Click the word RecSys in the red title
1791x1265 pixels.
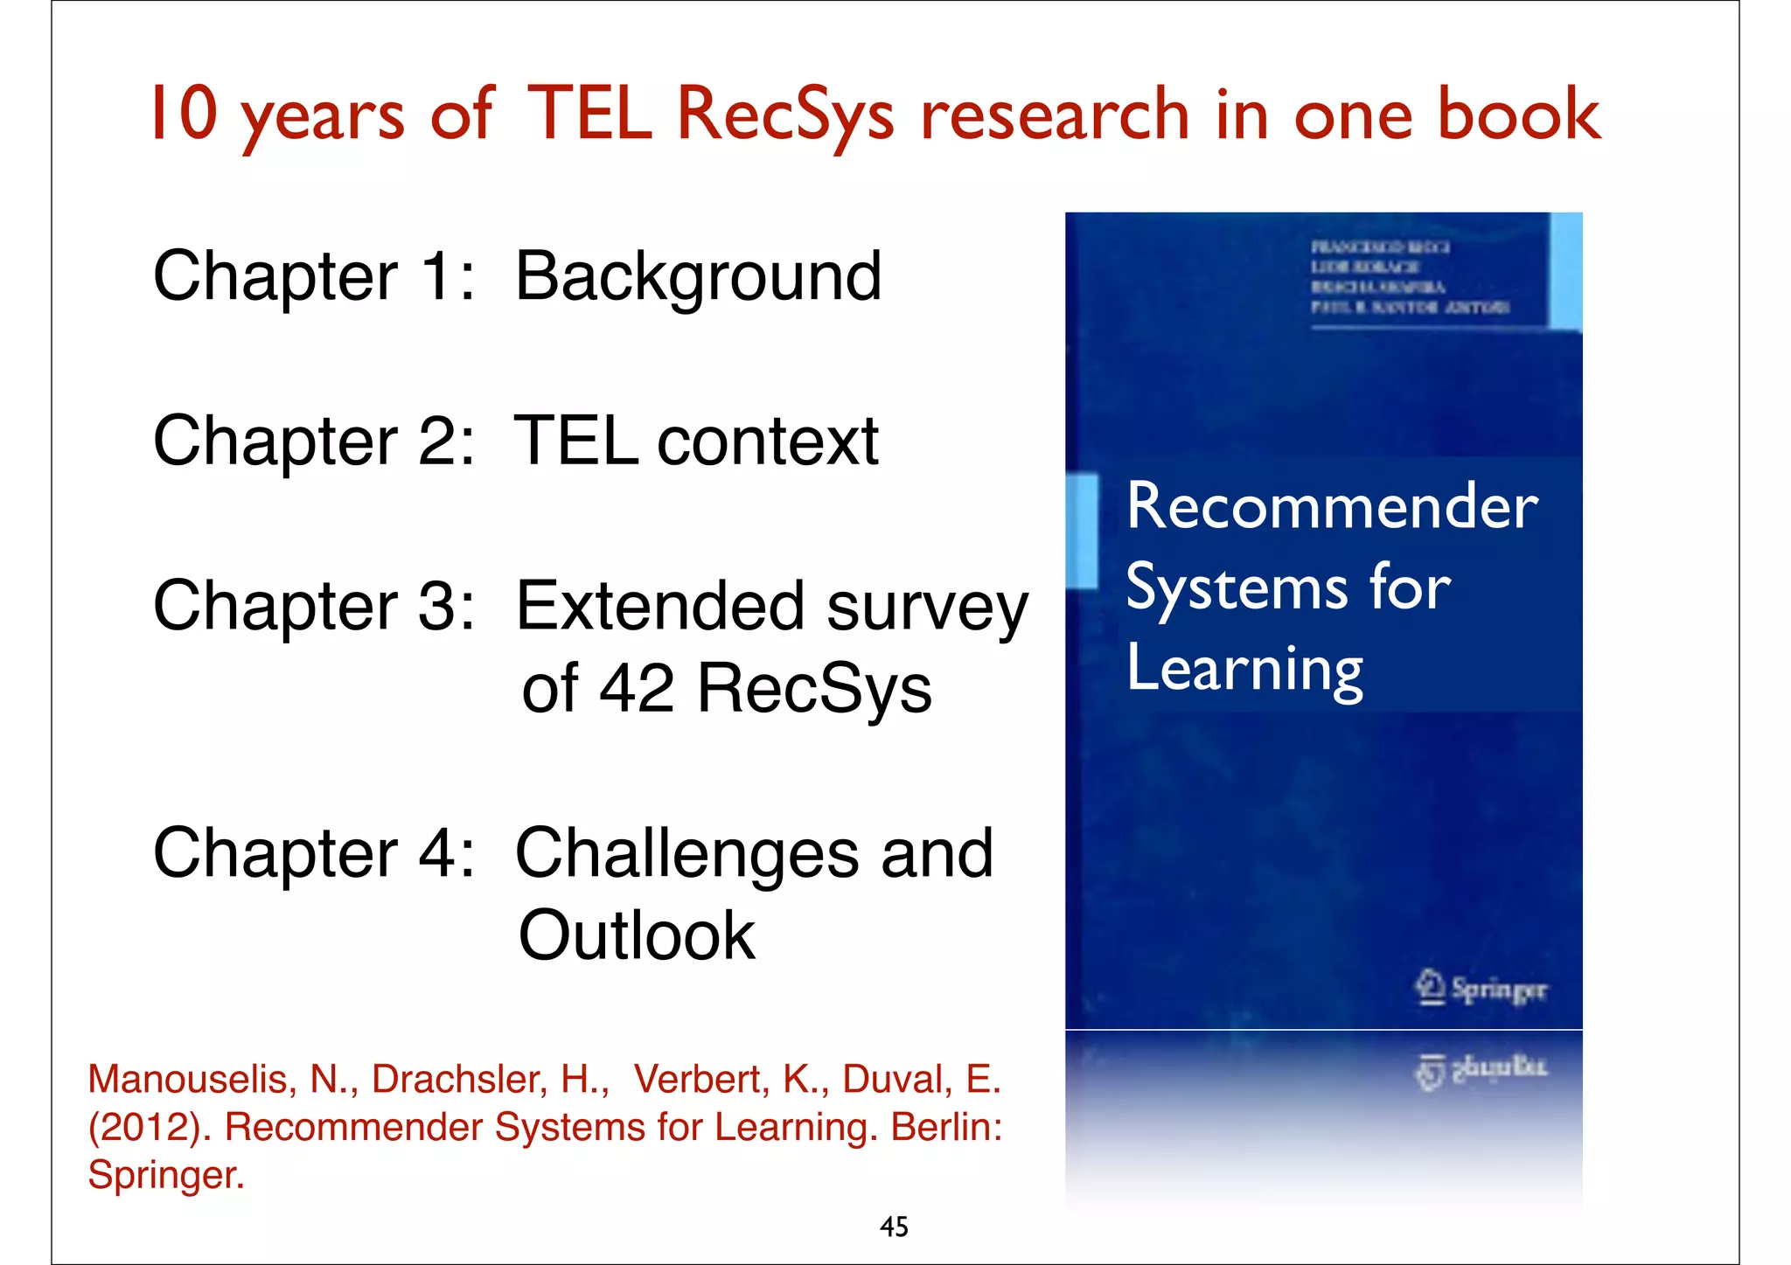(x=785, y=115)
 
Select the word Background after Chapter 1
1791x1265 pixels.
(x=698, y=277)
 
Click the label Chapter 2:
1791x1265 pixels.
(x=314, y=441)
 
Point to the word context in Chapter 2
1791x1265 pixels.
(x=768, y=441)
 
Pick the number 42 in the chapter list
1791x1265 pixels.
(x=637, y=688)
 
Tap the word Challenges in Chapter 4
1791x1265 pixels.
(x=686, y=854)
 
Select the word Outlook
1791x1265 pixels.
(x=637, y=935)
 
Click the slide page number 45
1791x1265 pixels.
(x=894, y=1227)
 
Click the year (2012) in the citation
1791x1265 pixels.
(x=149, y=1127)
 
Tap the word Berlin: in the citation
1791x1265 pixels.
(x=946, y=1127)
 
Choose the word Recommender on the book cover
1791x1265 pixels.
(x=1332, y=506)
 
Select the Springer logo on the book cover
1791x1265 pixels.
(x=1480, y=989)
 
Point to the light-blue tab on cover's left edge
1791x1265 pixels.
(x=1083, y=530)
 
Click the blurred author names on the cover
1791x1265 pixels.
(x=1409, y=277)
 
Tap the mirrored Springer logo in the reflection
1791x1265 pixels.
(x=1480, y=1069)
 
